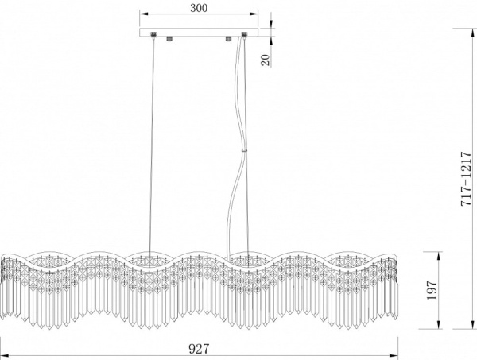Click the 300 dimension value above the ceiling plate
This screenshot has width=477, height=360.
tap(199, 8)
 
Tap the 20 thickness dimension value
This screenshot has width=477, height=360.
tap(266, 60)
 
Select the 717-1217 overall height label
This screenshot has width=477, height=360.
tap(466, 179)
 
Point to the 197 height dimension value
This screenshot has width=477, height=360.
tap(432, 290)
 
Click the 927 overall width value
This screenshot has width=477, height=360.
tap(200, 349)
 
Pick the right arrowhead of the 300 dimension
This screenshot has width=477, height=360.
tap(254, 14)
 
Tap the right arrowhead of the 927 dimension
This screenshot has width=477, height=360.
tap(394, 354)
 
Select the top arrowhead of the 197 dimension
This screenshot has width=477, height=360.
tap(439, 256)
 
